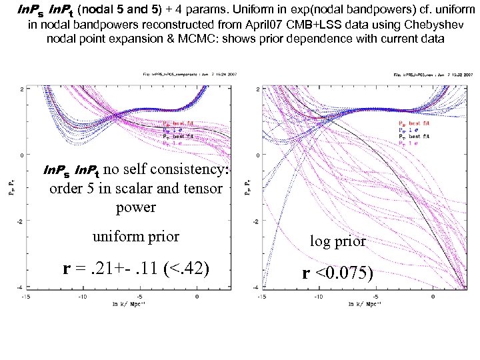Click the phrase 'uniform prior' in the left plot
click(x=135, y=237)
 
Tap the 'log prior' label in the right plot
click(x=338, y=241)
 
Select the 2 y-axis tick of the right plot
click(x=258, y=89)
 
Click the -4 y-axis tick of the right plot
click(x=257, y=287)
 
